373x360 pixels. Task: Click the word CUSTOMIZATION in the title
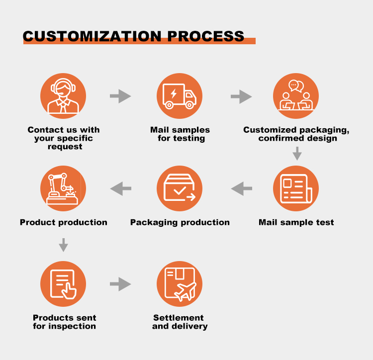93,36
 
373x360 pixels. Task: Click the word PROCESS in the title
206,36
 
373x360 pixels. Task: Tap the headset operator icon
63,96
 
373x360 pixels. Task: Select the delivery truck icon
180,96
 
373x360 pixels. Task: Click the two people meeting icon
296,96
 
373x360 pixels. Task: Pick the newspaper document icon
296,188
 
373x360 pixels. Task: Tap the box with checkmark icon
180,188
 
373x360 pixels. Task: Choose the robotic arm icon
63,188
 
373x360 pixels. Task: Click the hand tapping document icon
63,284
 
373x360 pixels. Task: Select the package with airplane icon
180,284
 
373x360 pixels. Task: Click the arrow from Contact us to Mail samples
120,96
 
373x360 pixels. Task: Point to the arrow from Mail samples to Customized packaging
242,96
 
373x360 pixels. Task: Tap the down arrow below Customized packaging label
297,154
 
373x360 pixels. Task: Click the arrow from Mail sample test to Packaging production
242,188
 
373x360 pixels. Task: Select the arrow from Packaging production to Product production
120,188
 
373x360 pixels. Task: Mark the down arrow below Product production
63,245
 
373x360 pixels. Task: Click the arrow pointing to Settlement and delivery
120,284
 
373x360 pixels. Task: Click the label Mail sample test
296,222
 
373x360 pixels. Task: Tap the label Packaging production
180,222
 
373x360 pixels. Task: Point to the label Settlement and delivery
180,322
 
